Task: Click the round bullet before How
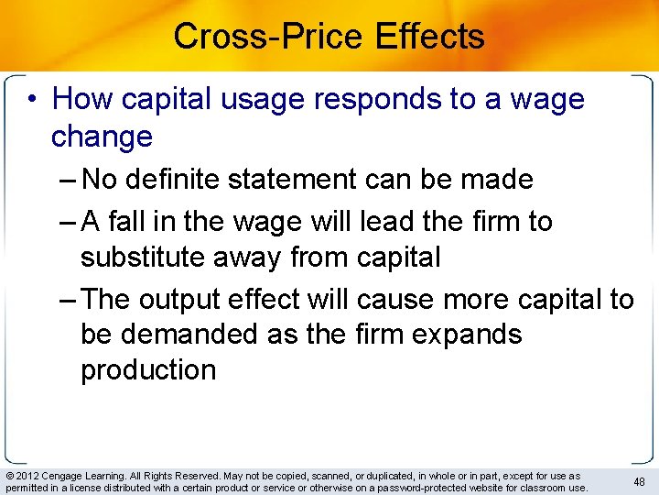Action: tap(34, 99)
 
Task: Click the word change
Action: tap(102, 137)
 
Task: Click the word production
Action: tap(148, 370)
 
